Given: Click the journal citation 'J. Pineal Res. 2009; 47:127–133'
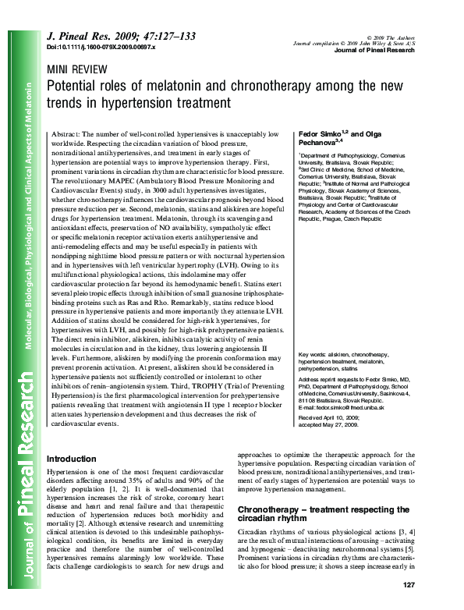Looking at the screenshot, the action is pos(121,37).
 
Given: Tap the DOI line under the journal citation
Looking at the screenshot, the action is pos(101,48).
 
